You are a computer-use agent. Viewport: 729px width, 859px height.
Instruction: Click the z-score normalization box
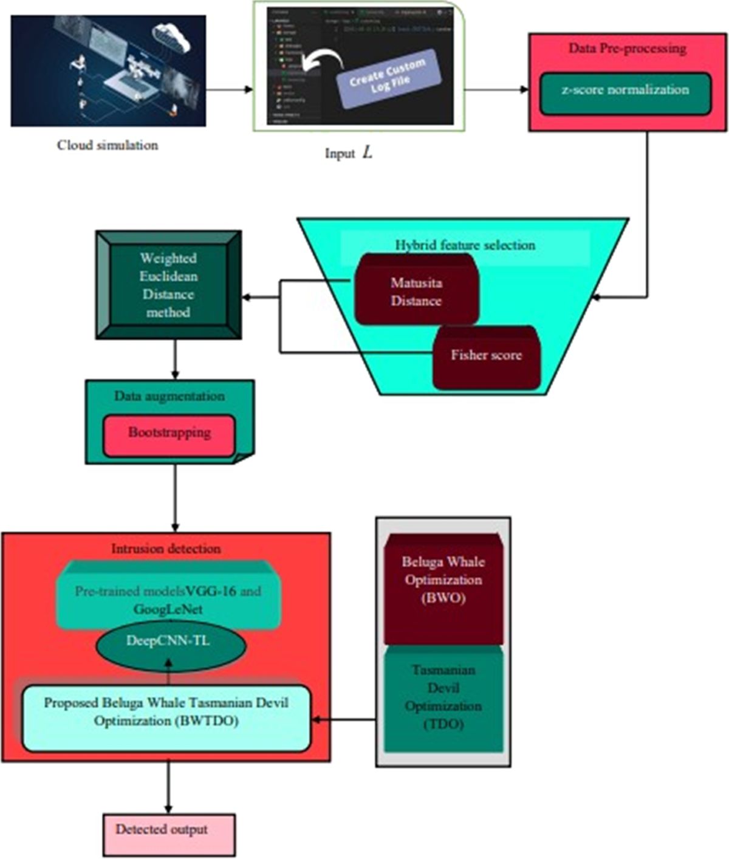click(625, 93)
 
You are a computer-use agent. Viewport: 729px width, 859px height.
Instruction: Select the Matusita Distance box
click(416, 291)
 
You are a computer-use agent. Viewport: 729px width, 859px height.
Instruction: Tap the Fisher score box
click(486, 357)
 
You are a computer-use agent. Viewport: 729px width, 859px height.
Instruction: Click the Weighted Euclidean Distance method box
click(168, 285)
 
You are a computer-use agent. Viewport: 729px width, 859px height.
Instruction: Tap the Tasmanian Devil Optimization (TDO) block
click(443, 699)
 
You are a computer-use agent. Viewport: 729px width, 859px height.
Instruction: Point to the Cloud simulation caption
click(108, 145)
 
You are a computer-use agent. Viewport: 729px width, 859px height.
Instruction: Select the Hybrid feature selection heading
click(465, 245)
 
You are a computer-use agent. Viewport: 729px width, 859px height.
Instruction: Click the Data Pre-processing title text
click(627, 49)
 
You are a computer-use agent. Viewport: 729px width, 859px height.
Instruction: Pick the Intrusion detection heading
click(165, 549)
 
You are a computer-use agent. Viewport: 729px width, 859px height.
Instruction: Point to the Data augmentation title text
click(169, 397)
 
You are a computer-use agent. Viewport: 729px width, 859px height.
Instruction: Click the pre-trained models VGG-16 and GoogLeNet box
click(168, 598)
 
